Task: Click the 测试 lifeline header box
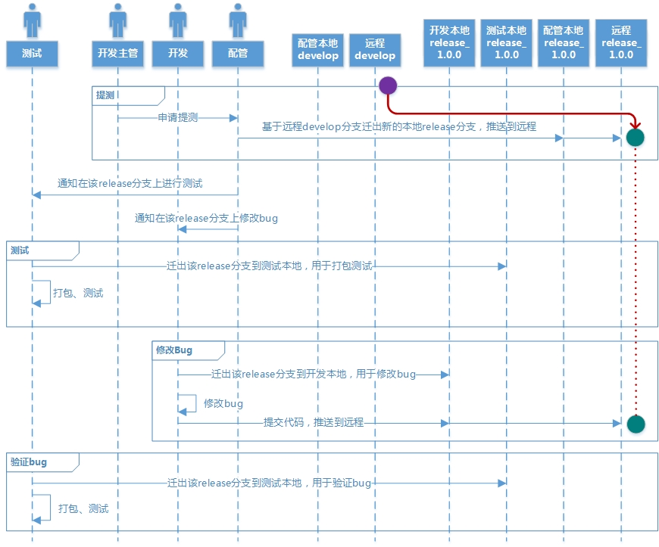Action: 32,53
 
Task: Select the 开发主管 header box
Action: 117,53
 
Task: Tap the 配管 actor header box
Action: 238,53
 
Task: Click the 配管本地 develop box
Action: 318,49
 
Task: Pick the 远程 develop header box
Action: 375,49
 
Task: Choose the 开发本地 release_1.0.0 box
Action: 449,42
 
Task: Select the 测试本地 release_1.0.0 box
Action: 506,42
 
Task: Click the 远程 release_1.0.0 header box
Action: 620,42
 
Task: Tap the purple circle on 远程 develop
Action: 388,85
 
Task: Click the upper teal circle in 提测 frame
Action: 635,137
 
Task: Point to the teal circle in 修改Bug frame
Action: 636,424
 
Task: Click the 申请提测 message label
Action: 177,117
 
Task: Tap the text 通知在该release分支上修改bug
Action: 206,218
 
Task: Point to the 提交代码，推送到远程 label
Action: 313,422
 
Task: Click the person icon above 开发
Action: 177,20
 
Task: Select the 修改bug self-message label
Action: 223,403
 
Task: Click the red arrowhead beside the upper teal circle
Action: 636,123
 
